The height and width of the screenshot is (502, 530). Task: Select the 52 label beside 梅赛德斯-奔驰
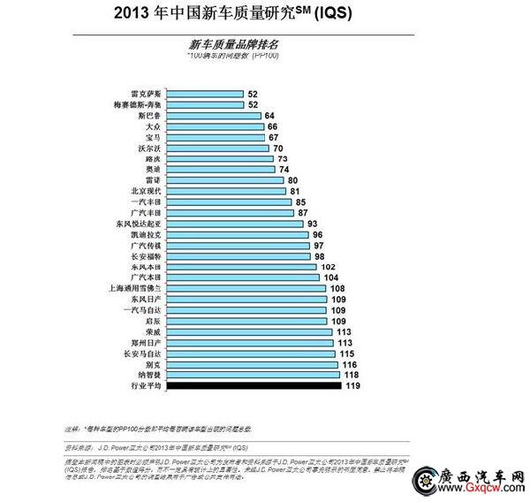pyautogui.click(x=253, y=104)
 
